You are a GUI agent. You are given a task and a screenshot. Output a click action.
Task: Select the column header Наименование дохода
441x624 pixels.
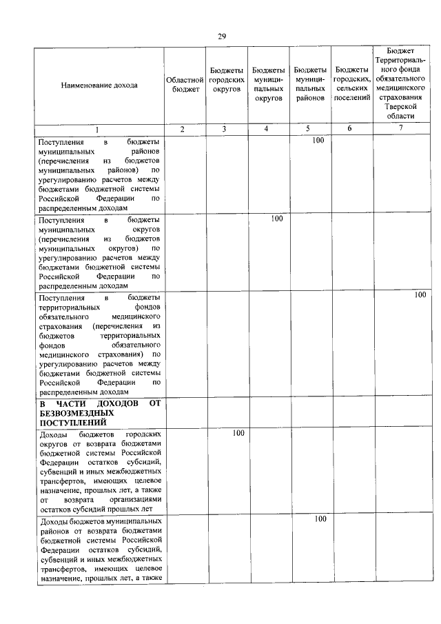point(99,85)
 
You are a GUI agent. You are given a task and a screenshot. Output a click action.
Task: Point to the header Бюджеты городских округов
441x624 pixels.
point(226,80)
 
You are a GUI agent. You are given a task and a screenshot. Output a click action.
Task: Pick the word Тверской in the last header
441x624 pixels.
point(400,107)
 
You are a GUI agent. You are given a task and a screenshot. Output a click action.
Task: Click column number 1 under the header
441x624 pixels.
point(97,129)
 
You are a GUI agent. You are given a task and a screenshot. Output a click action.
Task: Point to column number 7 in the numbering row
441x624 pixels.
point(400,129)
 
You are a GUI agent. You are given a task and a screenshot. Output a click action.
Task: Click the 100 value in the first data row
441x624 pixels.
point(318,141)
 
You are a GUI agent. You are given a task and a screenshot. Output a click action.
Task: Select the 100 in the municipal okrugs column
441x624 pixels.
point(276,219)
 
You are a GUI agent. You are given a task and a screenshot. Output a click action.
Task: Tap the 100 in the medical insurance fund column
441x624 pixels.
point(420,295)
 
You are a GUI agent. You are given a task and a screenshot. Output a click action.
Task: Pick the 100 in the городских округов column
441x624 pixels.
point(238,434)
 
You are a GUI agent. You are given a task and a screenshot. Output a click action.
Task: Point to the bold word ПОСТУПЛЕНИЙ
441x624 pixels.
point(72,422)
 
